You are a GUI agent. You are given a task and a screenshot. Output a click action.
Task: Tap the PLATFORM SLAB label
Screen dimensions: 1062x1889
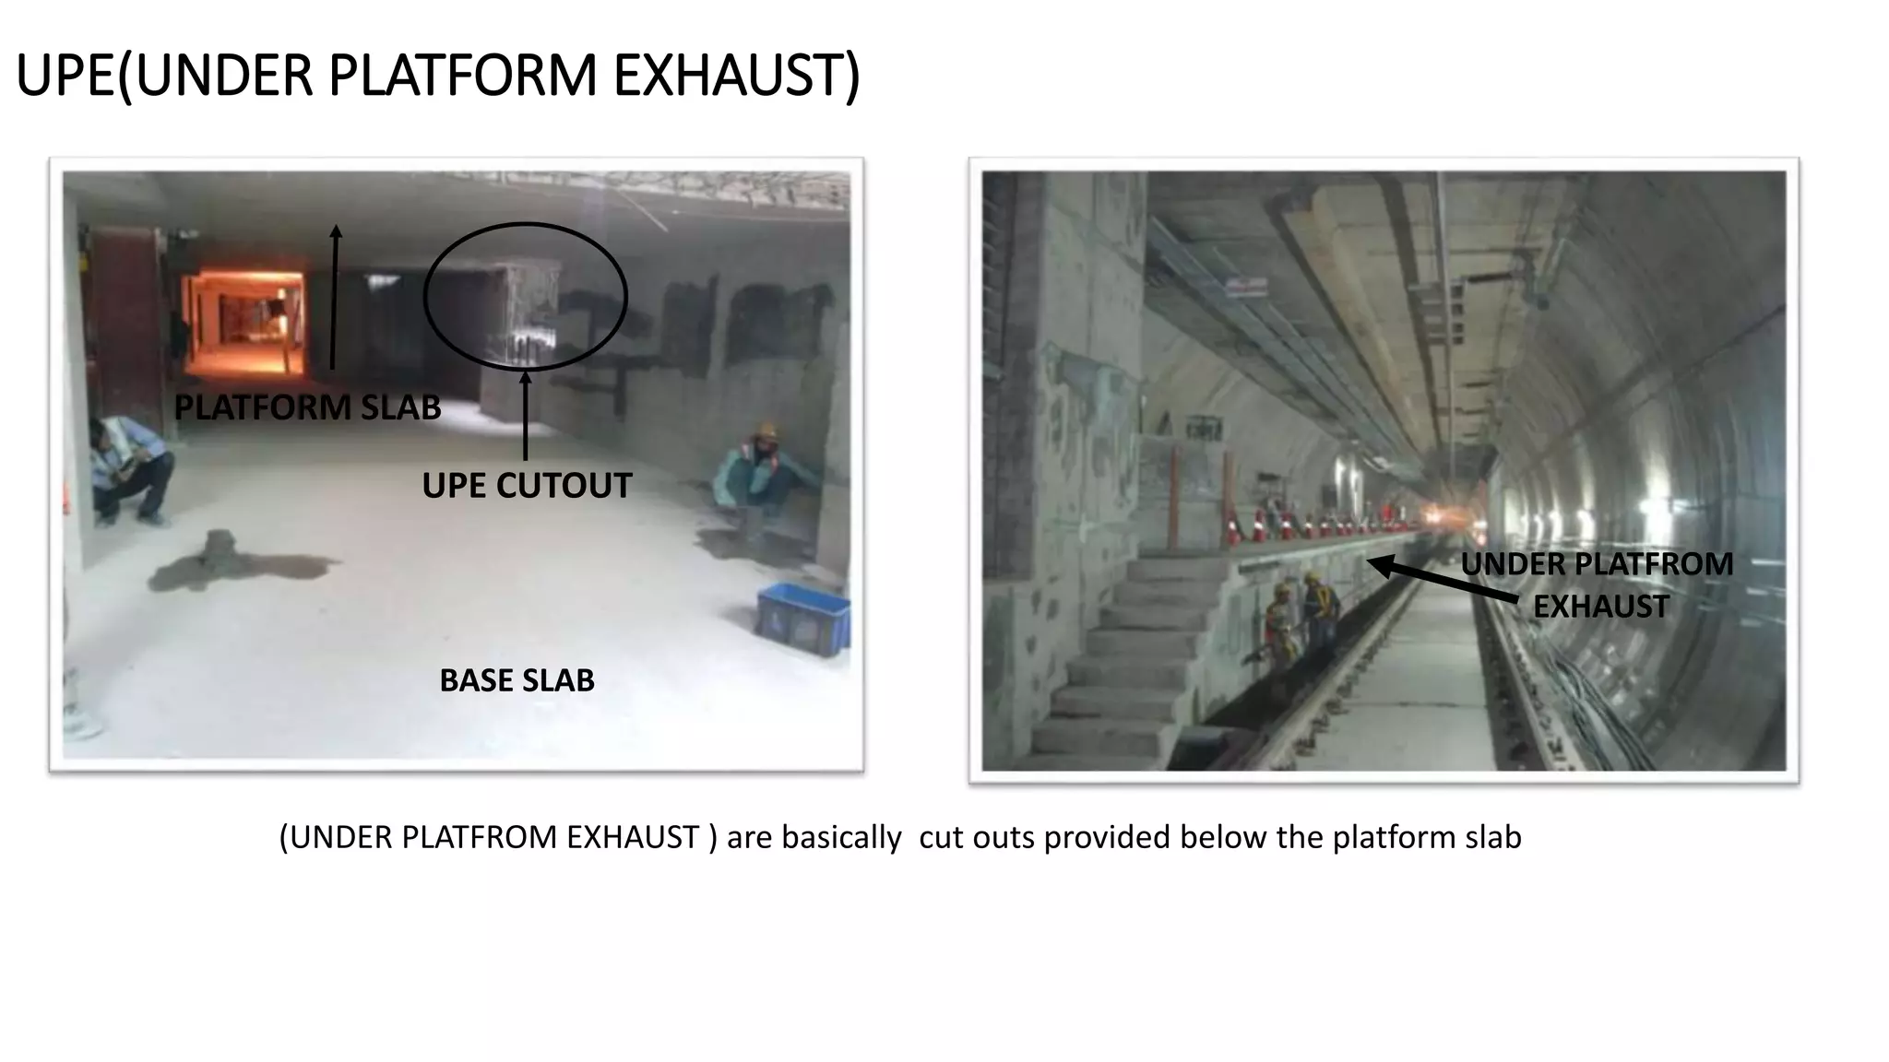click(307, 407)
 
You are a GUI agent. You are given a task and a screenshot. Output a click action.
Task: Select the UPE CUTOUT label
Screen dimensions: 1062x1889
click(527, 486)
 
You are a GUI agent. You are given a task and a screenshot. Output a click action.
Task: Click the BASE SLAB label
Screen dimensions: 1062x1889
click(517, 680)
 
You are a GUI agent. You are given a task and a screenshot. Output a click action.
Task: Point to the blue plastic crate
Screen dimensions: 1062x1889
click(803, 619)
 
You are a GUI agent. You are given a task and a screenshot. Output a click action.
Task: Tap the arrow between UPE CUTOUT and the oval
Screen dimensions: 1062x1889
click(526, 415)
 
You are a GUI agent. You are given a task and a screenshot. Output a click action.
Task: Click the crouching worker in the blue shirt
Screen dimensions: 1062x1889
click(132, 470)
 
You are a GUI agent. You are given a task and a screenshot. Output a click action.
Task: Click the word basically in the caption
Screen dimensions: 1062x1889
click(841, 837)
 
